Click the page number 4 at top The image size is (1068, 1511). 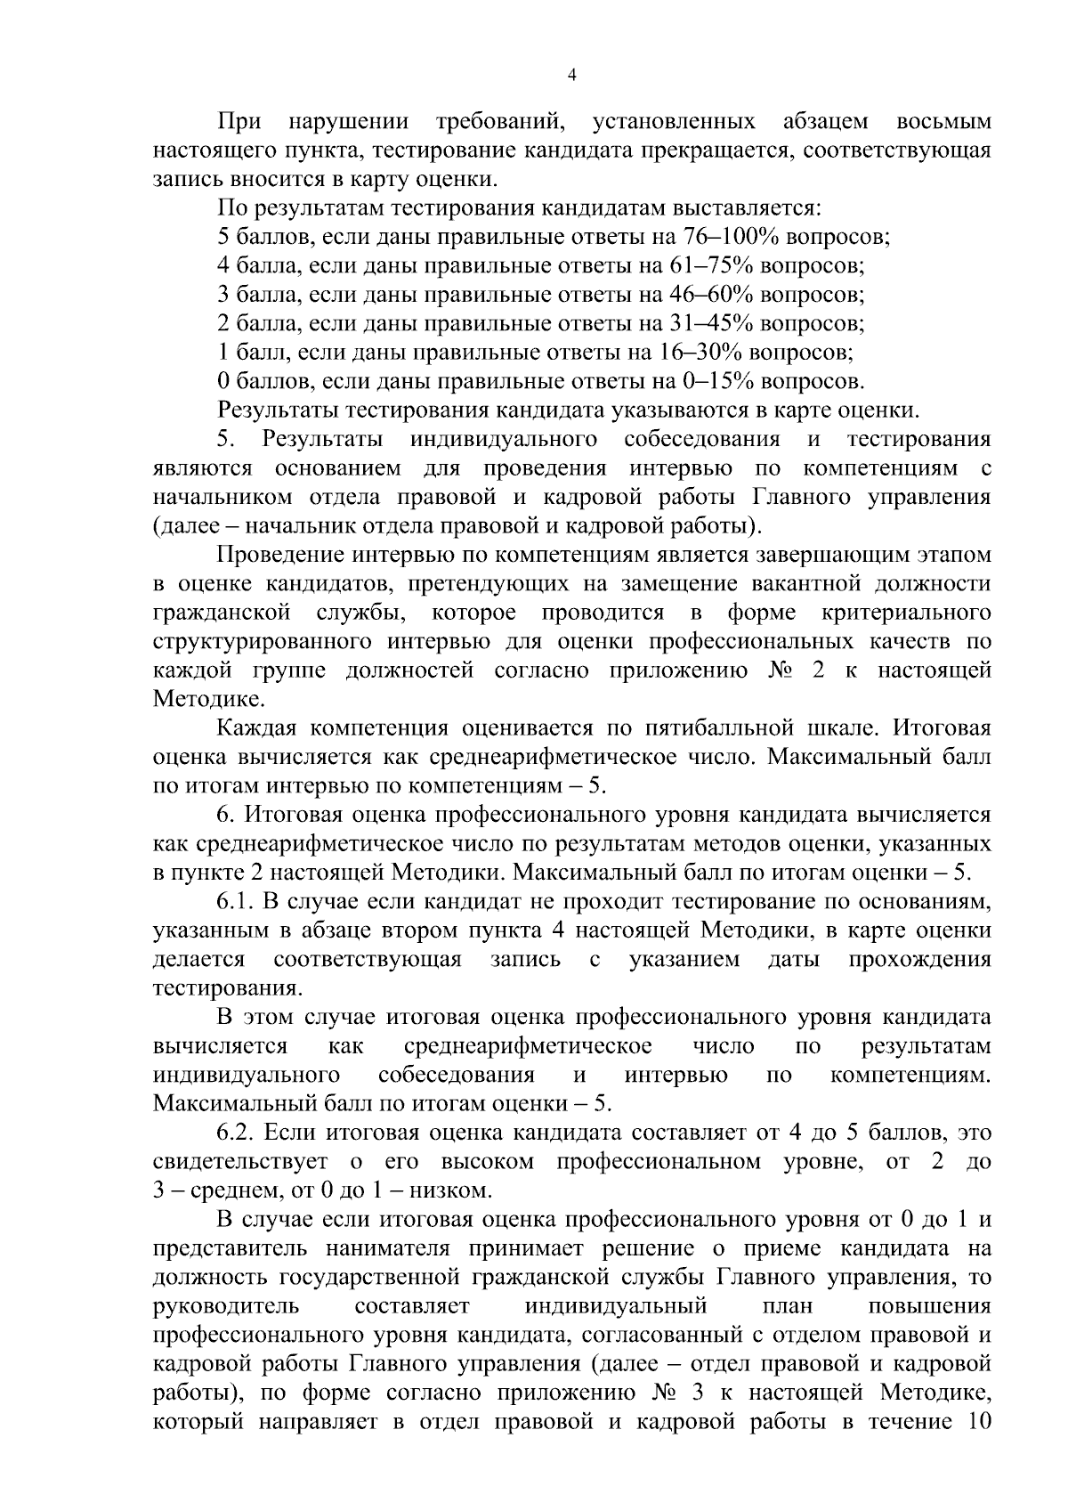pos(571,77)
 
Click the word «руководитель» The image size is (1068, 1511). pos(226,1307)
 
